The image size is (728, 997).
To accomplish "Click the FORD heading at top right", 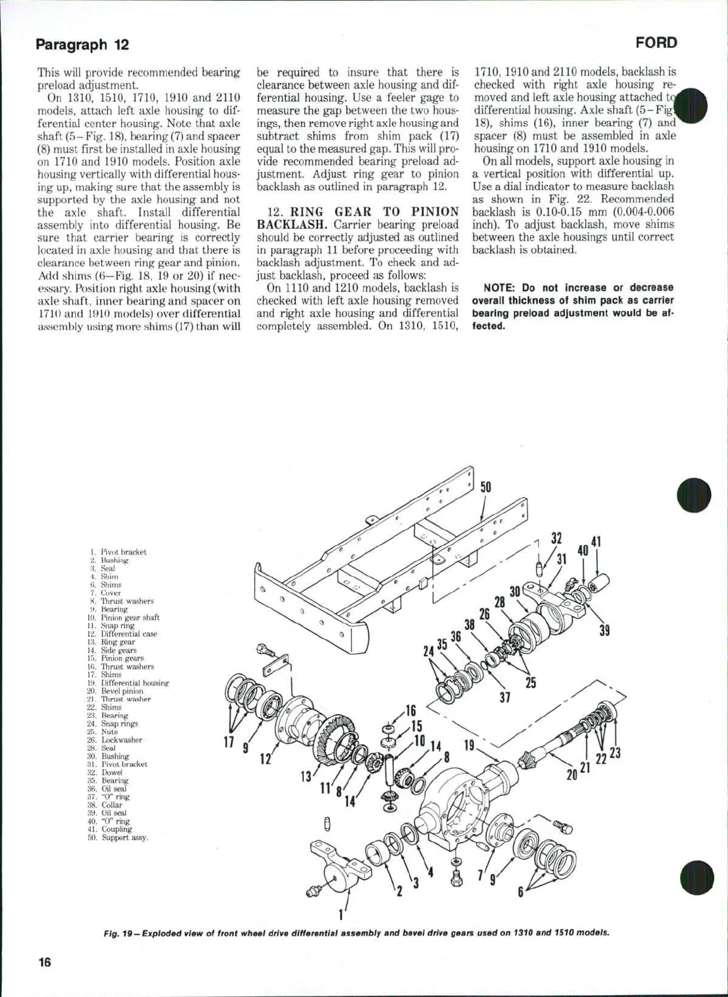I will [656, 43].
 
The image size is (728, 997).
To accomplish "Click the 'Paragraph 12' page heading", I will [82, 44].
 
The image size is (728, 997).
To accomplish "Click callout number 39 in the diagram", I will [605, 630].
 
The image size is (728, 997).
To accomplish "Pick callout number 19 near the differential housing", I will [470, 746].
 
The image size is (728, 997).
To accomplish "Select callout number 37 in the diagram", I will [504, 697].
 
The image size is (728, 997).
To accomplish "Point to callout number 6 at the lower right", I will [521, 892].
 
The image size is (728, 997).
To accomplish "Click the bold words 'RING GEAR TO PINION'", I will [374, 212].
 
